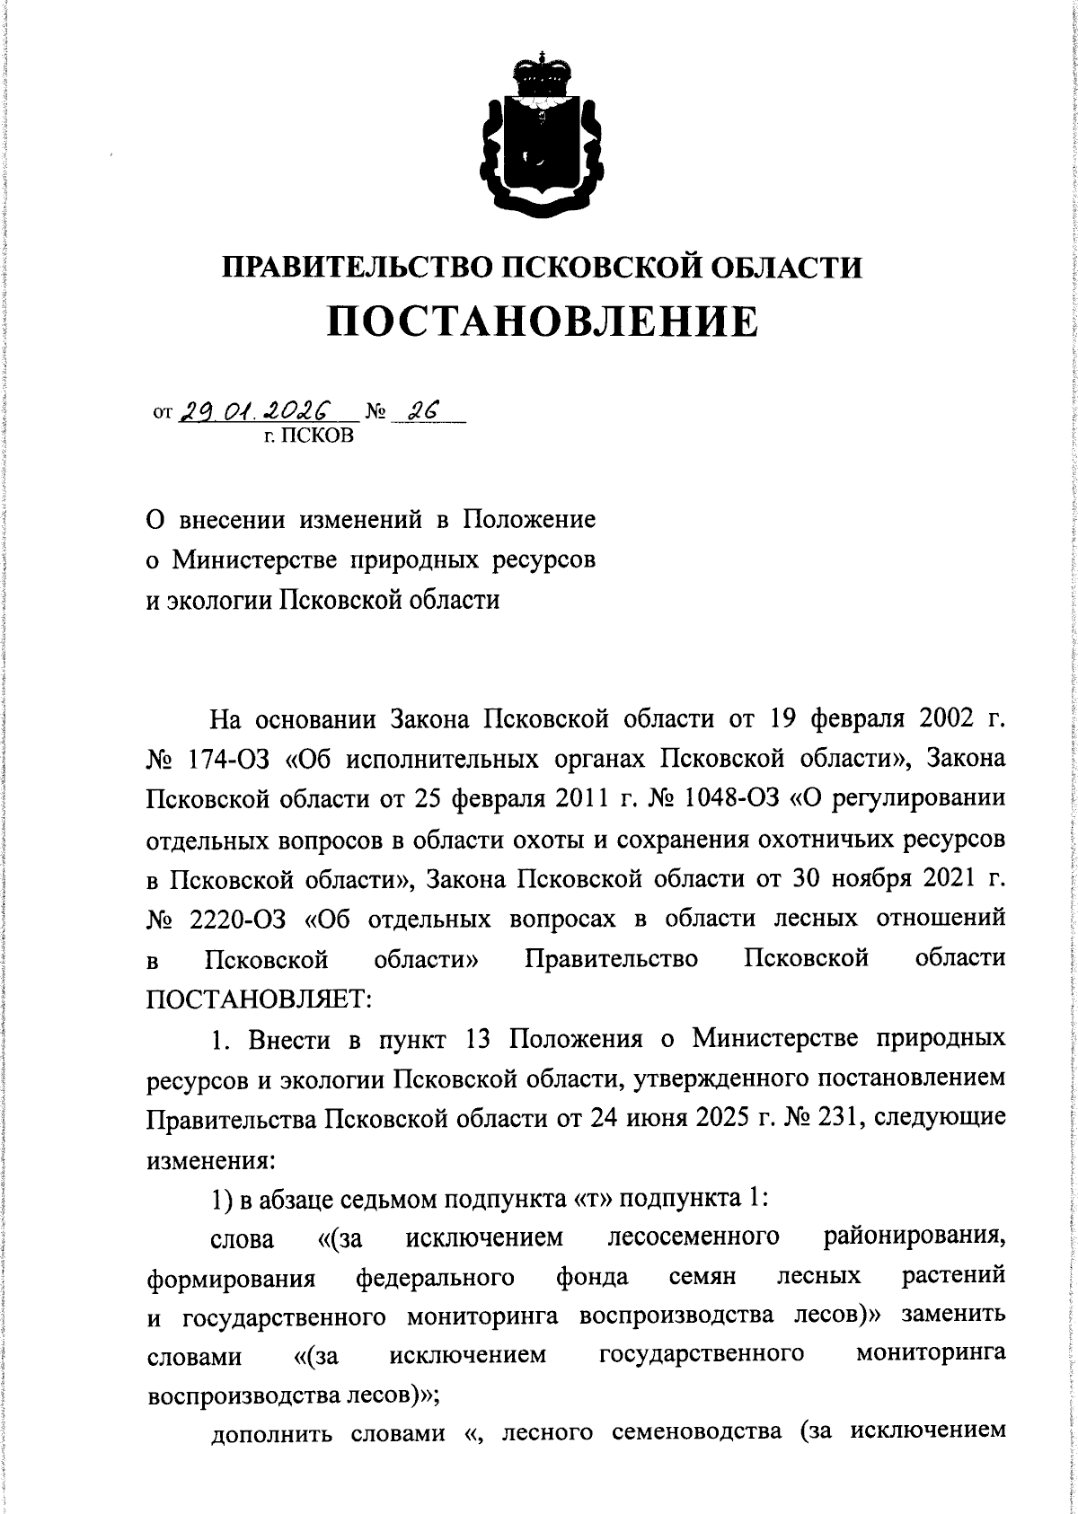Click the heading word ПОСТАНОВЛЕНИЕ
(x=542, y=321)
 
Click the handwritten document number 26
(x=421, y=411)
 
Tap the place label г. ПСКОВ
(x=305, y=437)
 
